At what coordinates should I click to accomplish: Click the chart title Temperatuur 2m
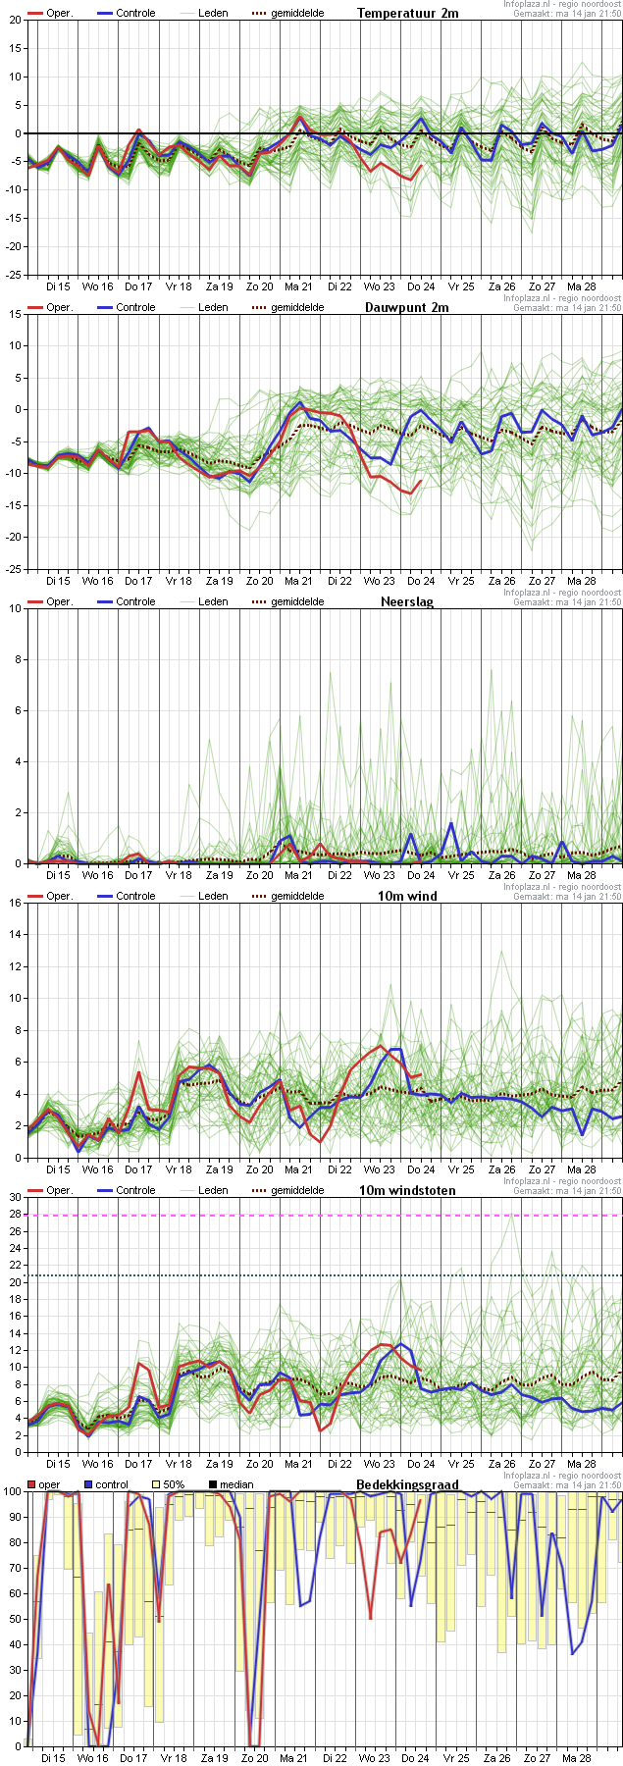[x=407, y=13]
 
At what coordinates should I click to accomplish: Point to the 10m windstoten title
[x=406, y=1190]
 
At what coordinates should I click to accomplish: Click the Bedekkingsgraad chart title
[x=407, y=1484]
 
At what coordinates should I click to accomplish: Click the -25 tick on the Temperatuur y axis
[x=13, y=275]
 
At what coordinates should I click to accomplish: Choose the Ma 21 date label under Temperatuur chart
[x=298, y=286]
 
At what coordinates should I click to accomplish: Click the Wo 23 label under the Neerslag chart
[x=379, y=875]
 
